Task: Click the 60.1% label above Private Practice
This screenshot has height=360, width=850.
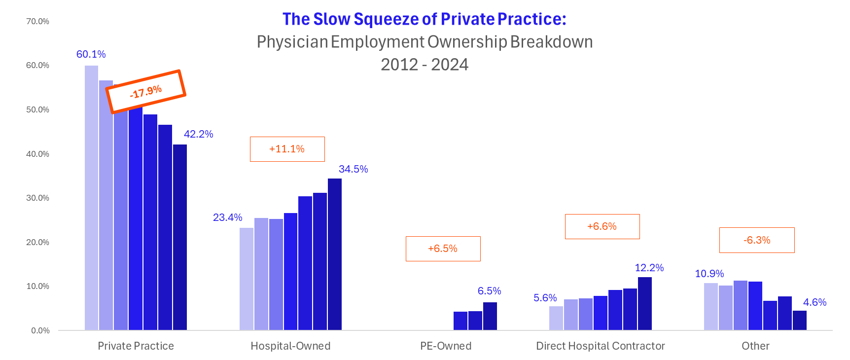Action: pyautogui.click(x=91, y=54)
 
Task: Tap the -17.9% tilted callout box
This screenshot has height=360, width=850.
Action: pyautogui.click(x=146, y=92)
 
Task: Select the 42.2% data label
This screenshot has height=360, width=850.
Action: pyautogui.click(x=198, y=134)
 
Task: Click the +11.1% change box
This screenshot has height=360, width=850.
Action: pyautogui.click(x=287, y=149)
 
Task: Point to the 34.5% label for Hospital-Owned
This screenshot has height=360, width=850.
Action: pyautogui.click(x=353, y=169)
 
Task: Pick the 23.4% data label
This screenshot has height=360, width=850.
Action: pyautogui.click(x=227, y=217)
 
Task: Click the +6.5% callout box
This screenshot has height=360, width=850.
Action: pyautogui.click(x=443, y=249)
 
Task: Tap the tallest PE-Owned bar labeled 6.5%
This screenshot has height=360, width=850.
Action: pyautogui.click(x=490, y=316)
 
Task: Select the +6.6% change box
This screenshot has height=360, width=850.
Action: pyautogui.click(x=602, y=226)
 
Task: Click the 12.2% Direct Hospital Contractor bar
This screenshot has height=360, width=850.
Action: pyautogui.click(x=645, y=303)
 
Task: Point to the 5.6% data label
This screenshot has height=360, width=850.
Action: pyautogui.click(x=545, y=298)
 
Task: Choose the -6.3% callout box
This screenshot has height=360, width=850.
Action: pyautogui.click(x=757, y=240)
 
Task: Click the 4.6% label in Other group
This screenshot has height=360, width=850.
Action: pyautogui.click(x=815, y=302)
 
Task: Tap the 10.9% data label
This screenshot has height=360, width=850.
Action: pyautogui.click(x=709, y=274)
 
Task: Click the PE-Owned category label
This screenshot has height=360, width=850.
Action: pyautogui.click(x=446, y=346)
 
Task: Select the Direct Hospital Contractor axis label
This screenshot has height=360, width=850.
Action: pyautogui.click(x=600, y=346)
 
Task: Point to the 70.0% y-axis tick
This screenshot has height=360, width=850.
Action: pyautogui.click(x=38, y=22)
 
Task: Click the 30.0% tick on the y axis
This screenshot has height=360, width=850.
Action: pyautogui.click(x=38, y=198)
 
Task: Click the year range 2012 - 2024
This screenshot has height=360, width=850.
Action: pyautogui.click(x=425, y=65)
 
